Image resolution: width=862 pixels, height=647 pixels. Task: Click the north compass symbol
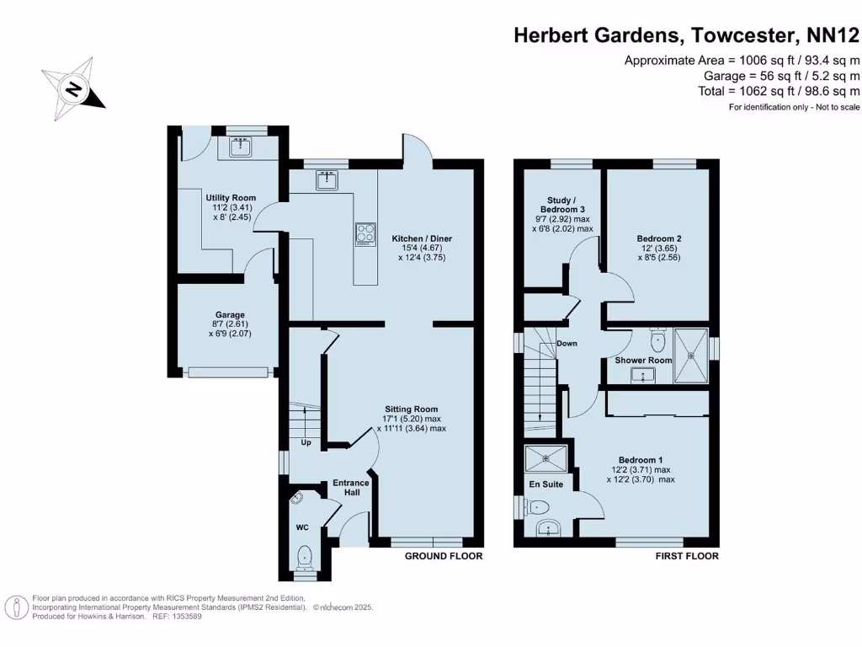click(74, 88)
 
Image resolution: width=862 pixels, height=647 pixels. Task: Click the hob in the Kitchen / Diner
click(365, 233)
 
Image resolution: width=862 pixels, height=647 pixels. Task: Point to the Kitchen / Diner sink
click(327, 179)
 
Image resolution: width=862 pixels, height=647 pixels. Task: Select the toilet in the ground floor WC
click(305, 557)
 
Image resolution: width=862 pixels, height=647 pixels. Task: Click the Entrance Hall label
click(351, 487)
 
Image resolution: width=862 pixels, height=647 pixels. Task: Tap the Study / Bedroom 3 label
click(561, 214)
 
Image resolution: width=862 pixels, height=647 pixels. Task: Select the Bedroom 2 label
click(659, 238)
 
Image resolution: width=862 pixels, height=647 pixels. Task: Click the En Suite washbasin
click(549, 528)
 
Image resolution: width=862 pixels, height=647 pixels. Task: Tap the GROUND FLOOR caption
click(444, 556)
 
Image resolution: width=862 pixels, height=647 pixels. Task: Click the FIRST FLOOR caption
click(687, 556)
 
